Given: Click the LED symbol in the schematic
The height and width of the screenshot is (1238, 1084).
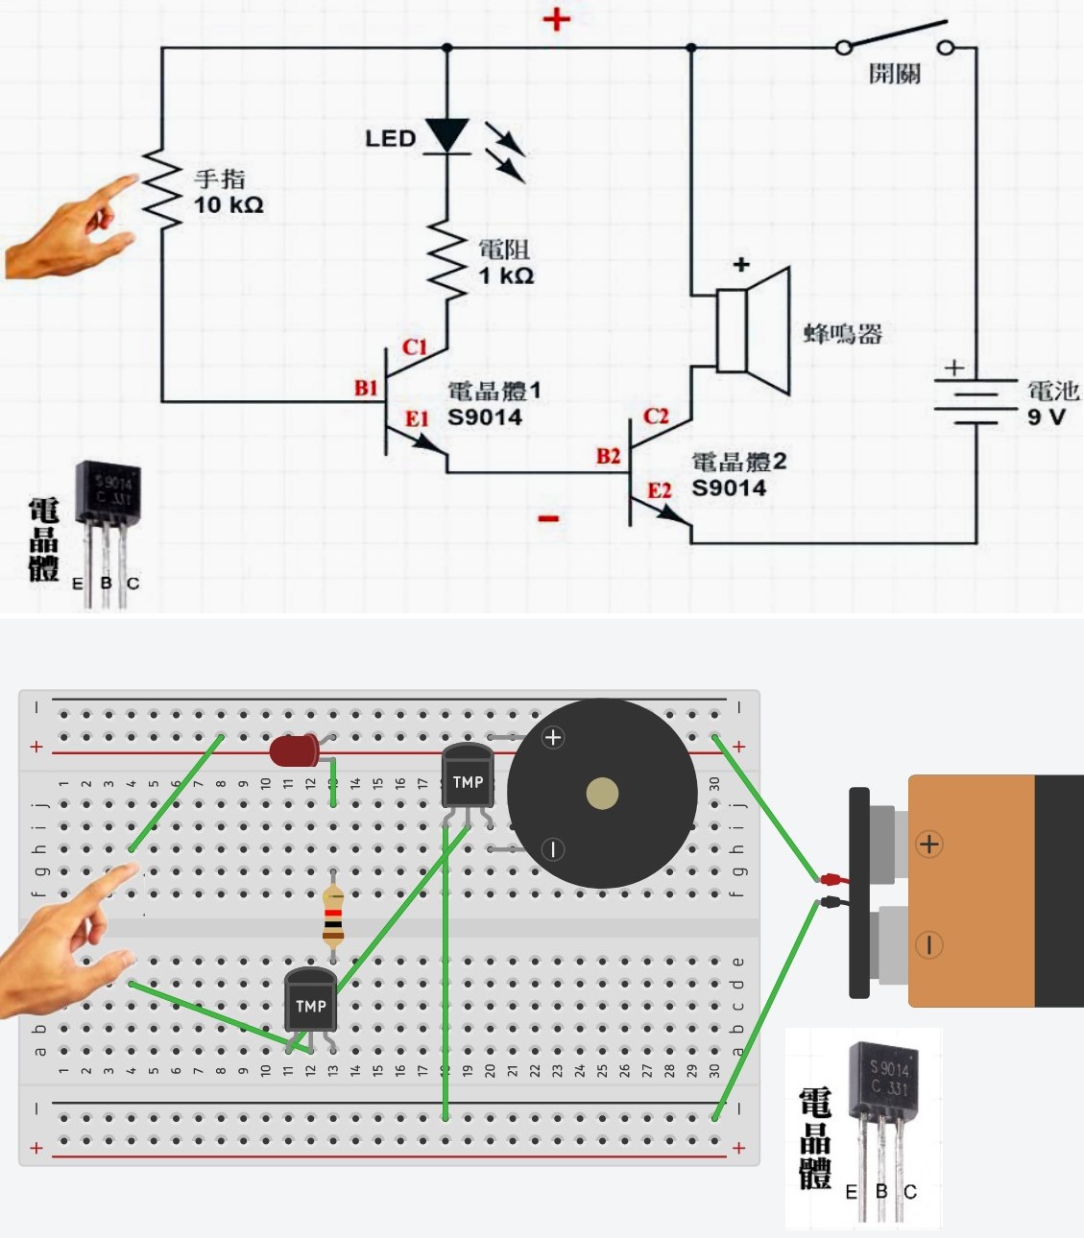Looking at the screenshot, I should pyautogui.click(x=447, y=136).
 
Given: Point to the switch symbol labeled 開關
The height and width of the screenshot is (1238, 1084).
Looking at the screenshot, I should pyautogui.click(x=894, y=44).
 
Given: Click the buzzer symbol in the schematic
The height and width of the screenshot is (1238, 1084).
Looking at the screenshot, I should pyautogui.click(x=754, y=331).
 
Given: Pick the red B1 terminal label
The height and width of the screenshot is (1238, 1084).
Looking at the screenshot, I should pyautogui.click(x=366, y=388).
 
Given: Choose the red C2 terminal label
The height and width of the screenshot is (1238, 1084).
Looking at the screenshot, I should pyautogui.click(x=656, y=417).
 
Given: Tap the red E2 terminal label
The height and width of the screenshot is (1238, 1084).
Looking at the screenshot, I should pyautogui.click(x=659, y=491).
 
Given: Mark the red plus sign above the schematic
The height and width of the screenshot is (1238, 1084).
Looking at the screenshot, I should pyautogui.click(x=556, y=19).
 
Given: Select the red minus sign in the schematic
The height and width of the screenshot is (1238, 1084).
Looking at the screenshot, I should pyautogui.click(x=548, y=519).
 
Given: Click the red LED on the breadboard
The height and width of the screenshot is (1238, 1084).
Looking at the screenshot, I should pyautogui.click(x=294, y=750).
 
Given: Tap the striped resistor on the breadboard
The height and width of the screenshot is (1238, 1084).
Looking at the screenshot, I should pyautogui.click(x=333, y=915).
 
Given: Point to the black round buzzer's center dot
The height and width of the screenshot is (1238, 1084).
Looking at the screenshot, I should pyautogui.click(x=602, y=794).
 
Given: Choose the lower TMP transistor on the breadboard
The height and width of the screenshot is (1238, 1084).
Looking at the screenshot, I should pyautogui.click(x=310, y=1003).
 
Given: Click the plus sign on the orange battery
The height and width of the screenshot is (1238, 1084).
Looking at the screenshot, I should pyautogui.click(x=928, y=845).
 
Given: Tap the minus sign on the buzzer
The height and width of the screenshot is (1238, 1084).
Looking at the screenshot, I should pyautogui.click(x=553, y=849).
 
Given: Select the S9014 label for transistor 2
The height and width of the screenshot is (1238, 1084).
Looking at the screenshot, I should pyautogui.click(x=729, y=488).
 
